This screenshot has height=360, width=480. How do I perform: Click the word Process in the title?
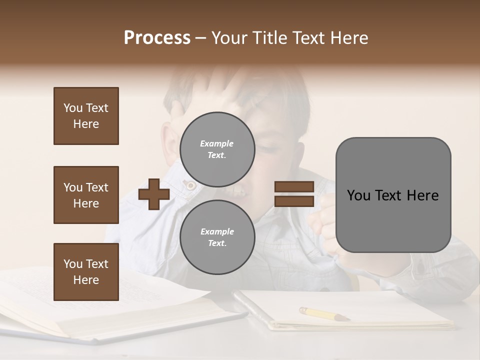coord(157,38)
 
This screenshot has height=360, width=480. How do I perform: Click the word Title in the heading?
coord(270,38)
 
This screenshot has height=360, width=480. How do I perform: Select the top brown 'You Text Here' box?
coord(86,116)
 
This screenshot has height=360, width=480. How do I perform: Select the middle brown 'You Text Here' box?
coord(86,195)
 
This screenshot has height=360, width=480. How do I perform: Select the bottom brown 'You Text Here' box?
coord(86,272)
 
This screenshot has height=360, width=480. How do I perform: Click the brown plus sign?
coord(154,194)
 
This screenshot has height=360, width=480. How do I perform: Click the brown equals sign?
coord(294,194)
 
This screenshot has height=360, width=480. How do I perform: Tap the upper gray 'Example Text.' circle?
coord(217,149)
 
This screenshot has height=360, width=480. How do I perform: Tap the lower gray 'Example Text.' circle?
coord(217,237)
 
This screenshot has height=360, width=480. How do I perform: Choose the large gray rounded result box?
coord(393,195)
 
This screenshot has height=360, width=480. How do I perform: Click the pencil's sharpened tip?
coord(347,318)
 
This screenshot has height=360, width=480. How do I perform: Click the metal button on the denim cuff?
coord(190,185)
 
